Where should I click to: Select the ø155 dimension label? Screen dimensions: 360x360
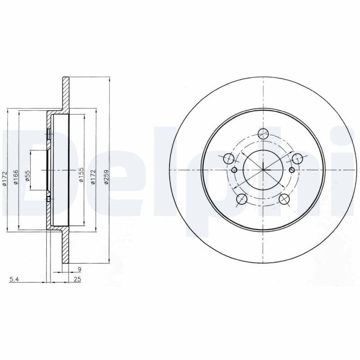tap(81, 175)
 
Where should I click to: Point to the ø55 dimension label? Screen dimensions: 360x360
tap(27, 175)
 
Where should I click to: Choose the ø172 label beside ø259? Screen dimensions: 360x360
tap(94, 175)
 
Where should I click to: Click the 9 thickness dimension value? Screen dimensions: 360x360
tap(79, 270)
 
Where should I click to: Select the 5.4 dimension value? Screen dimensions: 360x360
tap(14, 280)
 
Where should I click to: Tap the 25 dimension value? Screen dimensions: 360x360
tap(77, 280)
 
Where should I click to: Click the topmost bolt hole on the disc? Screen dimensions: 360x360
tap(263, 133)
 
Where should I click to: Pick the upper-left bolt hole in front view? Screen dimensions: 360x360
tap(229, 158)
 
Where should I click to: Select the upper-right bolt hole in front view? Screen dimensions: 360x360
tap(297, 158)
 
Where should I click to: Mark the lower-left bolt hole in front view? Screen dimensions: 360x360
tap(242, 198)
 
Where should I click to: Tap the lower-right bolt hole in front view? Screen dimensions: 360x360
tap(284, 198)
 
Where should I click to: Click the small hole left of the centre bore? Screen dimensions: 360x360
tap(234, 170)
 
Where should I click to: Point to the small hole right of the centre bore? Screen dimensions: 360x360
tap(292, 170)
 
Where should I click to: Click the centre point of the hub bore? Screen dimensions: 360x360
tap(263, 170)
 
